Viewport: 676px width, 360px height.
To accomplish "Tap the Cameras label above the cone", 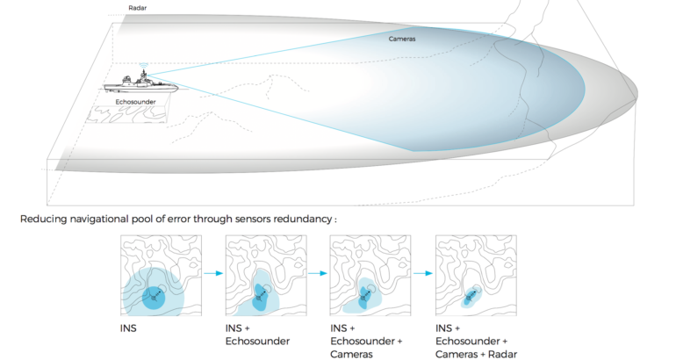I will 402,39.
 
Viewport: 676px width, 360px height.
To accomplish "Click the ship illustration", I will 140,85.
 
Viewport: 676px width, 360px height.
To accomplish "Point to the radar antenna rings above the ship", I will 143,64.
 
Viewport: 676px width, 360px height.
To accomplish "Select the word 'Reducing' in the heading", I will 42,216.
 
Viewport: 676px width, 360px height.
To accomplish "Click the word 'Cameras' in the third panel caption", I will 349,352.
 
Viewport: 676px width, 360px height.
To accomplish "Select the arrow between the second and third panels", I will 315,273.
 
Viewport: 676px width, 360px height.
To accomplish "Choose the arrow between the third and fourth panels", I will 421,273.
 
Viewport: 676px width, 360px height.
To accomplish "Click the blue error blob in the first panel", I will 153,294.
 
